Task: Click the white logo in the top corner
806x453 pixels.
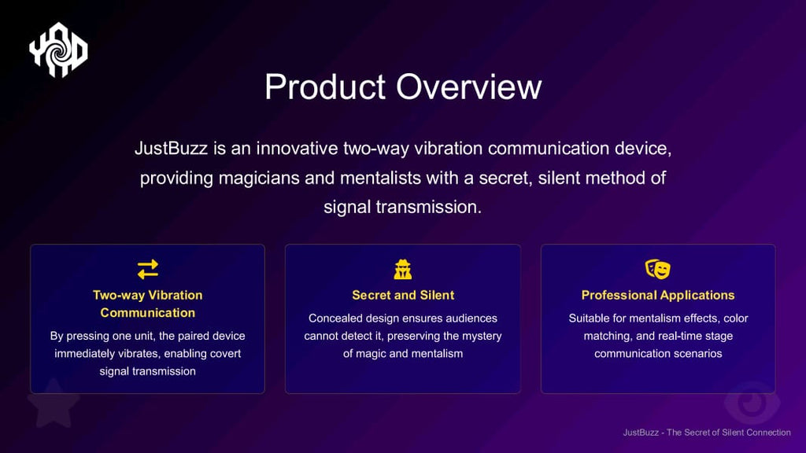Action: pos(58,50)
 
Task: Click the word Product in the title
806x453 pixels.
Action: pos(325,87)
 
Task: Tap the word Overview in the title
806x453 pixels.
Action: pos(469,87)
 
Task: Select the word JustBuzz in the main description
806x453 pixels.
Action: pos(171,149)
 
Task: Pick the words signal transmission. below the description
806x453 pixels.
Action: pos(402,207)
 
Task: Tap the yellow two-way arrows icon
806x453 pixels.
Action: pos(147,269)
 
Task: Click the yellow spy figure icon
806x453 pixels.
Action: pos(402,269)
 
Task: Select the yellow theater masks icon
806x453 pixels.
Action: pos(658,269)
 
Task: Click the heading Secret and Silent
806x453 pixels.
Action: pos(403,296)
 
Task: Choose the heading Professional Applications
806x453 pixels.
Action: pos(658,296)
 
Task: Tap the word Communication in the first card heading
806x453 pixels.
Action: pos(147,313)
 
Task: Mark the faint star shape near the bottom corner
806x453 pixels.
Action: pos(54,403)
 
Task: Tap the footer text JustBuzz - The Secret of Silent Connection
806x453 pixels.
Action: pos(707,433)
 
